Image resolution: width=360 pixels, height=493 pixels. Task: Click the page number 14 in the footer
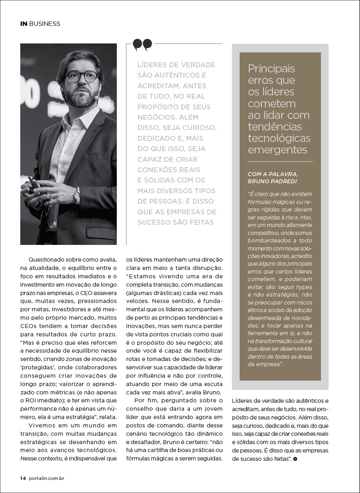(23, 478)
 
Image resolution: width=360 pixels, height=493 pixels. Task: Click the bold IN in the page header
(24, 24)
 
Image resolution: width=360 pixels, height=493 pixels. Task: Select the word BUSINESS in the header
(45, 24)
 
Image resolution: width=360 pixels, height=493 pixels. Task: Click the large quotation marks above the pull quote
(142, 45)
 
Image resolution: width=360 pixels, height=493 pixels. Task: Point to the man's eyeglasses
(82, 76)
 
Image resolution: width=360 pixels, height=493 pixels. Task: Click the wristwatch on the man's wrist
(76, 195)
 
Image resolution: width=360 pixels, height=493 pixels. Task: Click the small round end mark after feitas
(295, 459)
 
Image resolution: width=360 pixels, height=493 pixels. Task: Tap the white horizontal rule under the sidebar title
(280, 161)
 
